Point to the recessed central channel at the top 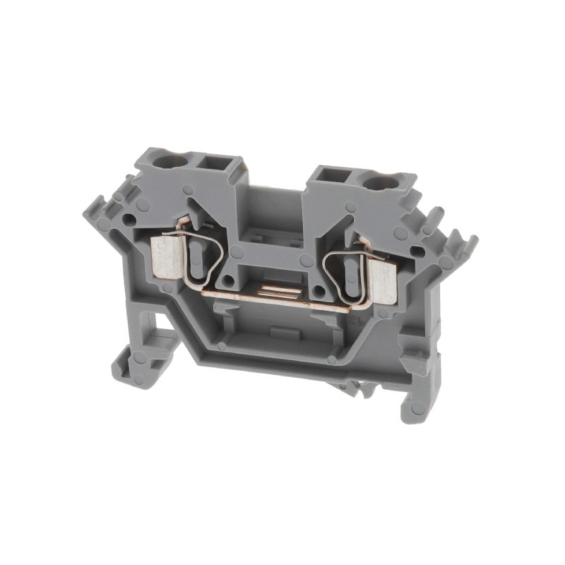[x=276, y=205]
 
